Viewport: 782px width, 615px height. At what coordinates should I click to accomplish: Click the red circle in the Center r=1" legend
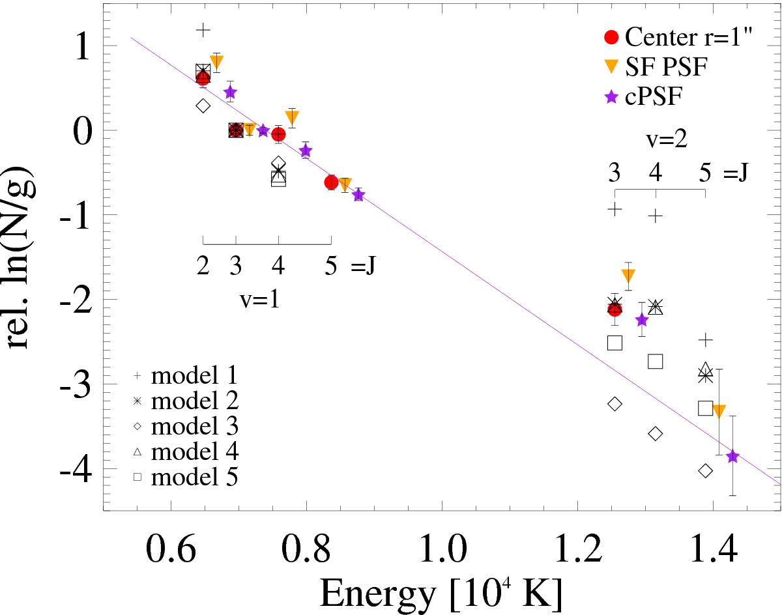pyautogui.click(x=611, y=37)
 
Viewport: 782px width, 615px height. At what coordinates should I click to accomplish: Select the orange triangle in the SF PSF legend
pyautogui.click(x=611, y=66)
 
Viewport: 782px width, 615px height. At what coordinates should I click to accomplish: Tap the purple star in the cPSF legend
pyautogui.click(x=611, y=96)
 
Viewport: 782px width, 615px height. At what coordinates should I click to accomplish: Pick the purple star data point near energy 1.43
pyautogui.click(x=732, y=456)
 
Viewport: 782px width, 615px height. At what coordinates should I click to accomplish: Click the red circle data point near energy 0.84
pyautogui.click(x=331, y=182)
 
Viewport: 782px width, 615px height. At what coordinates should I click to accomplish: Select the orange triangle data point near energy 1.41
pyautogui.click(x=719, y=411)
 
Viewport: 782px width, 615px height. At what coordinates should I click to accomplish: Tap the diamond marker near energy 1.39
pyautogui.click(x=705, y=470)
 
